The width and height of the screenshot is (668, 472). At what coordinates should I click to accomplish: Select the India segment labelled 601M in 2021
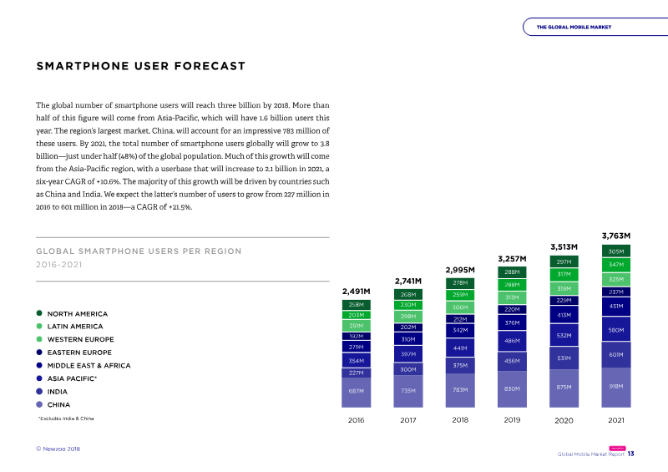(x=616, y=355)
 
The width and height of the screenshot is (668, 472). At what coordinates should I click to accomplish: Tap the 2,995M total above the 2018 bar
(x=460, y=270)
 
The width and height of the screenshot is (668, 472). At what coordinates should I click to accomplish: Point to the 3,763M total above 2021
(x=616, y=236)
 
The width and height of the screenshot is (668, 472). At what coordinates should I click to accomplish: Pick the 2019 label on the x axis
(x=512, y=420)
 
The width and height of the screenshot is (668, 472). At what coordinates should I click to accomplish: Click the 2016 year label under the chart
(x=357, y=420)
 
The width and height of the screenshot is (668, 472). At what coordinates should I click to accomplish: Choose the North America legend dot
(x=39, y=313)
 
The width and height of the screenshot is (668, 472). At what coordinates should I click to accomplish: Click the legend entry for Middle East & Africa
(x=89, y=365)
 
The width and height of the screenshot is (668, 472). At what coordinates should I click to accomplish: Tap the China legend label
(x=58, y=404)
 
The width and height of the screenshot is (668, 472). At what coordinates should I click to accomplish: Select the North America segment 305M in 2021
(x=616, y=251)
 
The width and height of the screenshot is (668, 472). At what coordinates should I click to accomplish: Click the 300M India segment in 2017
(x=408, y=369)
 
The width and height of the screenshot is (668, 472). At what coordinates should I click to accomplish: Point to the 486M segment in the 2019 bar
(x=512, y=341)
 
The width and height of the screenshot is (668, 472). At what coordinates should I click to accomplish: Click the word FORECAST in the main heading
(x=210, y=66)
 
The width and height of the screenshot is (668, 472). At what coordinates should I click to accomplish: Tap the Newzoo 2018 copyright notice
(x=58, y=449)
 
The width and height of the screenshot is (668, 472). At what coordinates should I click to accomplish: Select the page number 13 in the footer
(x=631, y=454)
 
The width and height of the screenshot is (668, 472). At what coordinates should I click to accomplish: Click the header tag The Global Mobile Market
(x=574, y=27)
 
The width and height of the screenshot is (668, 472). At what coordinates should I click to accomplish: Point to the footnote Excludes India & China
(x=66, y=419)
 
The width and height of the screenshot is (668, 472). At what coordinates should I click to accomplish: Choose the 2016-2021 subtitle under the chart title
(x=58, y=265)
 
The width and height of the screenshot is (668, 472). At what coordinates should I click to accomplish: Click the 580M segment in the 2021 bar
(x=616, y=329)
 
